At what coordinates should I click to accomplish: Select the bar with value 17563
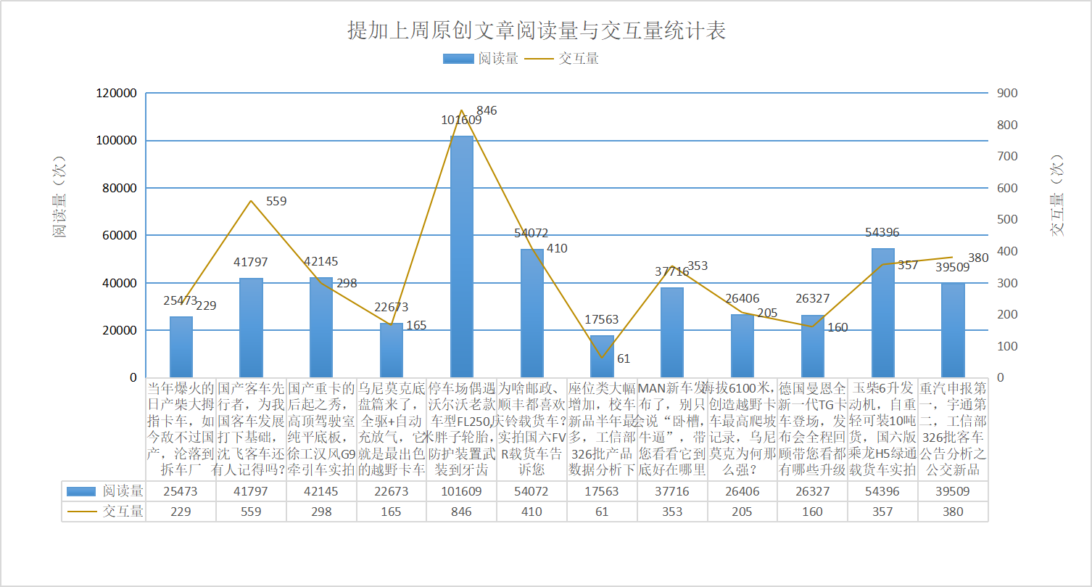[602, 356]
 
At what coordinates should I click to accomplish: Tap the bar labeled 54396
[882, 313]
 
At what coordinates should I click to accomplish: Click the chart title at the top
[537, 31]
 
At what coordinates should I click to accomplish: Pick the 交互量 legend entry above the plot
[561, 59]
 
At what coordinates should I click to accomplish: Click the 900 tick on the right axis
[1008, 94]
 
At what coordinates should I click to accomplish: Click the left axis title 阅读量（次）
[59, 197]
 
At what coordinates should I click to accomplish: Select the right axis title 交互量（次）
[1059, 197]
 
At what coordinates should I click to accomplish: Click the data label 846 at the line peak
[487, 111]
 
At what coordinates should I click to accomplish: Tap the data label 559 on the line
[276, 202]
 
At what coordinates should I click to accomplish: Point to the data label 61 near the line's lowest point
[624, 358]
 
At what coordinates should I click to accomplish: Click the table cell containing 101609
[461, 491]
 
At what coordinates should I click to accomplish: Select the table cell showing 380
[953, 512]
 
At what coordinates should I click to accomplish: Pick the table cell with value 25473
[181, 491]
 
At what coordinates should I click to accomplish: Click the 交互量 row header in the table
[104, 512]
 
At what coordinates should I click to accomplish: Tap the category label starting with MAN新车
[671, 428]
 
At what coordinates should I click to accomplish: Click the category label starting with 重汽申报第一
[953, 428]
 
